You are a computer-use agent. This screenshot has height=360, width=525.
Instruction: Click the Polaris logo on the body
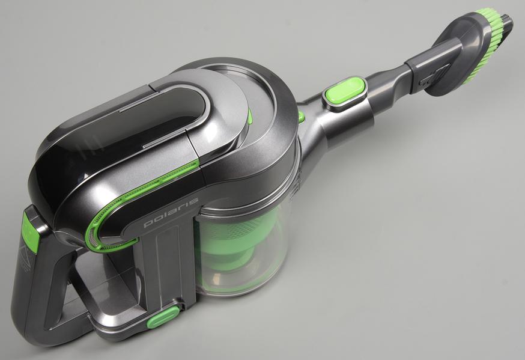coord(171,213)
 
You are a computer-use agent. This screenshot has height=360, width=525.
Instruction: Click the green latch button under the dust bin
coord(163,316)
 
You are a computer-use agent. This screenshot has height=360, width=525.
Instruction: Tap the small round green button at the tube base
coord(301,117)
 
